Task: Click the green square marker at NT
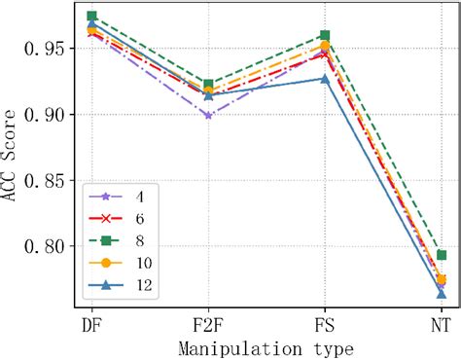442,255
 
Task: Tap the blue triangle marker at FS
325,79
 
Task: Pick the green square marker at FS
325,36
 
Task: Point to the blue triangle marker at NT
442,293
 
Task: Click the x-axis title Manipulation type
266,347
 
